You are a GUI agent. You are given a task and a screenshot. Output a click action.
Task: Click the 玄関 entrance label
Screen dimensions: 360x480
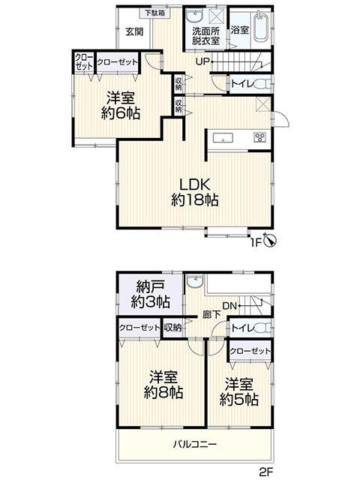134,31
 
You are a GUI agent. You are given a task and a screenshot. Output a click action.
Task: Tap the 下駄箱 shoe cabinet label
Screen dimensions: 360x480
155,13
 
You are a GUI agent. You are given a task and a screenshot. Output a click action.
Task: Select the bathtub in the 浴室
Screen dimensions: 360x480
261,27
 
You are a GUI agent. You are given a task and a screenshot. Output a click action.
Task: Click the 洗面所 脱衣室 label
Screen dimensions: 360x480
205,36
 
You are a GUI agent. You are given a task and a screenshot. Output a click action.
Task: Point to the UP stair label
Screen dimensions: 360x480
202,61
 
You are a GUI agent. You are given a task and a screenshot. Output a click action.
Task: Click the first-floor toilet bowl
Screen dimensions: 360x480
263,83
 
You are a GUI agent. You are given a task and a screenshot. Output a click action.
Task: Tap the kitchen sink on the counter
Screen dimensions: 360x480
223,138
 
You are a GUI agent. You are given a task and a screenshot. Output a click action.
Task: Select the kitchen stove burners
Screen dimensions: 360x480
259,137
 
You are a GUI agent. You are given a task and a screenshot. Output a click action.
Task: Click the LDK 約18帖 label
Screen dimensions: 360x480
195,193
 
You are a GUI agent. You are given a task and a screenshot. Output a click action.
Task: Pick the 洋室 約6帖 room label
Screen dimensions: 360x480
121,106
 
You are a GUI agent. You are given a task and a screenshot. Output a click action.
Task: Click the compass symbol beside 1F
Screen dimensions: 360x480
271,241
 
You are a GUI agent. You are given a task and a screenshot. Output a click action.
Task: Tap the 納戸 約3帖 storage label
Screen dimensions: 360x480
150,295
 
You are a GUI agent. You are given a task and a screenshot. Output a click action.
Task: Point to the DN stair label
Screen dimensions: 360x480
229,306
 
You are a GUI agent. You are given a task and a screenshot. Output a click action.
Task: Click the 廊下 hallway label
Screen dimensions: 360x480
211,314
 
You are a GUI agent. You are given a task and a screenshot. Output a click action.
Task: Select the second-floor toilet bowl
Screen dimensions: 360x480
263,328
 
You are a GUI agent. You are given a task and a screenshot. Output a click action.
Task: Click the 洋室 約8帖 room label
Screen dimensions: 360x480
163,385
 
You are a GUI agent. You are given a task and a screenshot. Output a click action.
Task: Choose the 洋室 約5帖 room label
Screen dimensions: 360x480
238,392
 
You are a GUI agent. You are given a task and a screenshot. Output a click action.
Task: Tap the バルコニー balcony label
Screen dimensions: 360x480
195,444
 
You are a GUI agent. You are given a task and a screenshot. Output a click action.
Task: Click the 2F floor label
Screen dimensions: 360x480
265,472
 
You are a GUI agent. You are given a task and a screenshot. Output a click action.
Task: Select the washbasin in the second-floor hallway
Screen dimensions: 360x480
195,282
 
